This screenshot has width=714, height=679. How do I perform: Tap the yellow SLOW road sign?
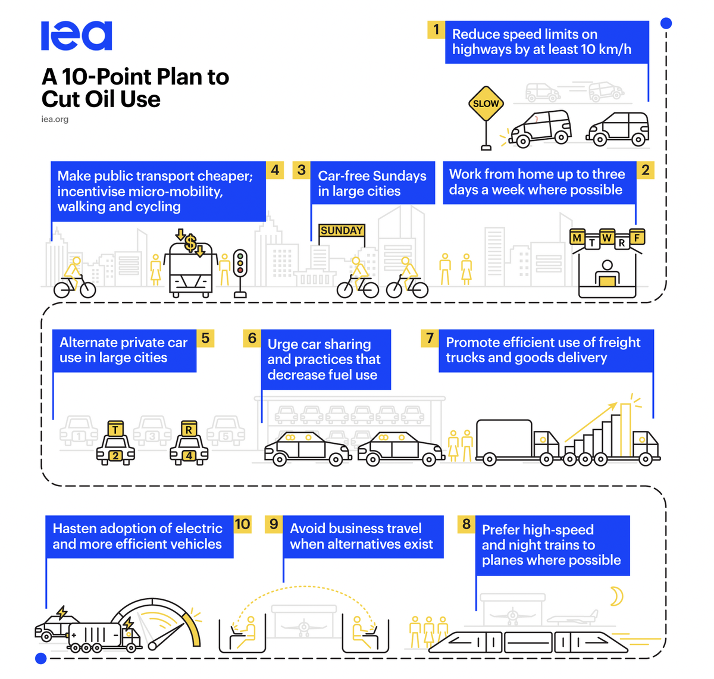(486, 104)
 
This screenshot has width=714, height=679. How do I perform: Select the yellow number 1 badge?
(436, 30)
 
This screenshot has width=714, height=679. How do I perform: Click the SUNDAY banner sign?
(342, 230)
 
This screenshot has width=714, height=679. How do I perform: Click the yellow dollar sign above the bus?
(190, 243)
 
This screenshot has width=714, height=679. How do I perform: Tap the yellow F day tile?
(637, 237)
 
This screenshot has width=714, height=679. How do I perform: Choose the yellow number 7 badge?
(430, 339)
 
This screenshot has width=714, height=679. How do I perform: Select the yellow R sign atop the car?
(189, 429)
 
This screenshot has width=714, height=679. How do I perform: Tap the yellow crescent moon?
(616, 596)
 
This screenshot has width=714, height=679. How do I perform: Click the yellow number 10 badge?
(242, 524)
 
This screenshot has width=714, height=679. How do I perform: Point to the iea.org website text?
(55, 119)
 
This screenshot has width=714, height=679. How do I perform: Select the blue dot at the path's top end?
(666, 23)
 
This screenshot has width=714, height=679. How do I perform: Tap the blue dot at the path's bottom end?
(41, 658)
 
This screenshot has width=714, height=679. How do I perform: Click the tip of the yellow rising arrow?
(616, 404)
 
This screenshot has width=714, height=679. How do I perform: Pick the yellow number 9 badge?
(274, 524)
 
